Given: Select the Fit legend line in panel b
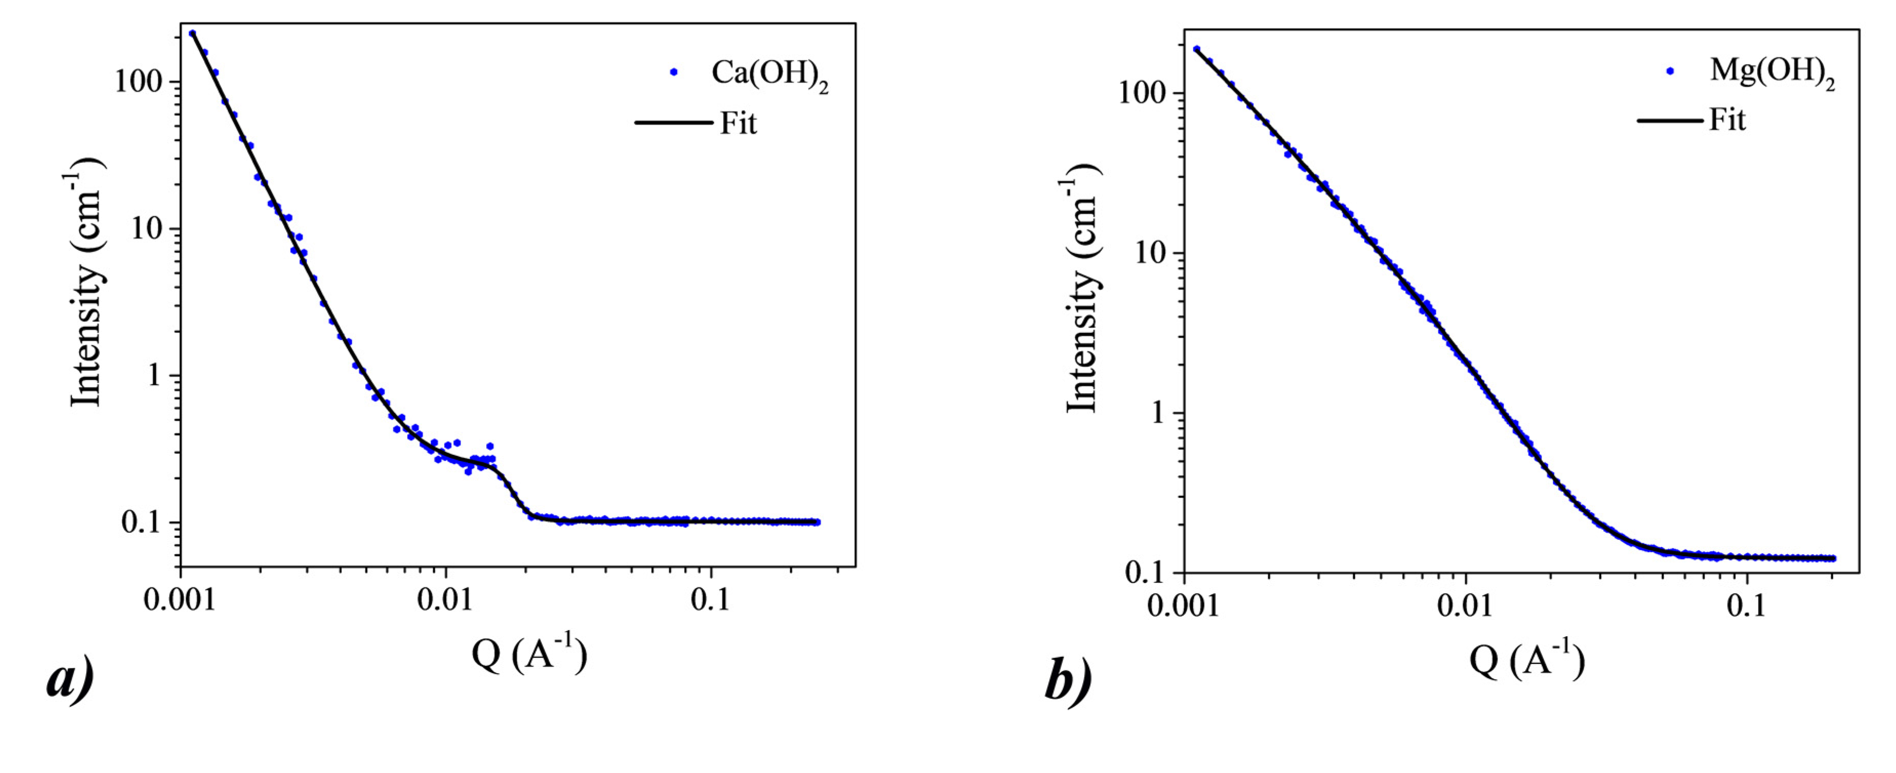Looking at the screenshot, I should (1669, 120).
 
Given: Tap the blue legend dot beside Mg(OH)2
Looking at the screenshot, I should (1670, 71).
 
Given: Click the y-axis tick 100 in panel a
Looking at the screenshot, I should (137, 81).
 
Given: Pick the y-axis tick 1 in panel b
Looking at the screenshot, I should (1159, 412).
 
